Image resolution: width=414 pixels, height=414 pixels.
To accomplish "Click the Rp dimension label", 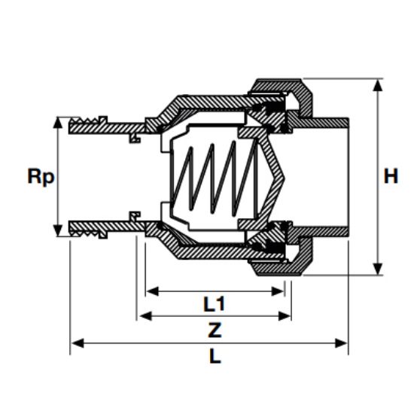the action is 41,177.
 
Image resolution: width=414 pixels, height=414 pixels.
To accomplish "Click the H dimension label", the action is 391,176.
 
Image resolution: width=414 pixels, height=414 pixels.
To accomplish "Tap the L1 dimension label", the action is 214,303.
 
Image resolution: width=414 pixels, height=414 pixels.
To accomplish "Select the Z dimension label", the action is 215,330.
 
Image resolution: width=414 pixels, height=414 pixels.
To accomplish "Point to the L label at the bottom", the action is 215,356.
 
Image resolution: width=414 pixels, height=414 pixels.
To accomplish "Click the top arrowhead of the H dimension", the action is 378,85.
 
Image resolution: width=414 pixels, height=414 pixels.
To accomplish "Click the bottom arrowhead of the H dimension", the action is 378,269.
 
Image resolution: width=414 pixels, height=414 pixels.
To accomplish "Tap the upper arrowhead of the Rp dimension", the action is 57,123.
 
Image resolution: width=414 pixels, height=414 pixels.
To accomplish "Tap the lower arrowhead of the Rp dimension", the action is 57,230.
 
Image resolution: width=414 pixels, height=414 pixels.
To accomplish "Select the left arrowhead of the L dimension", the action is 78,344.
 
